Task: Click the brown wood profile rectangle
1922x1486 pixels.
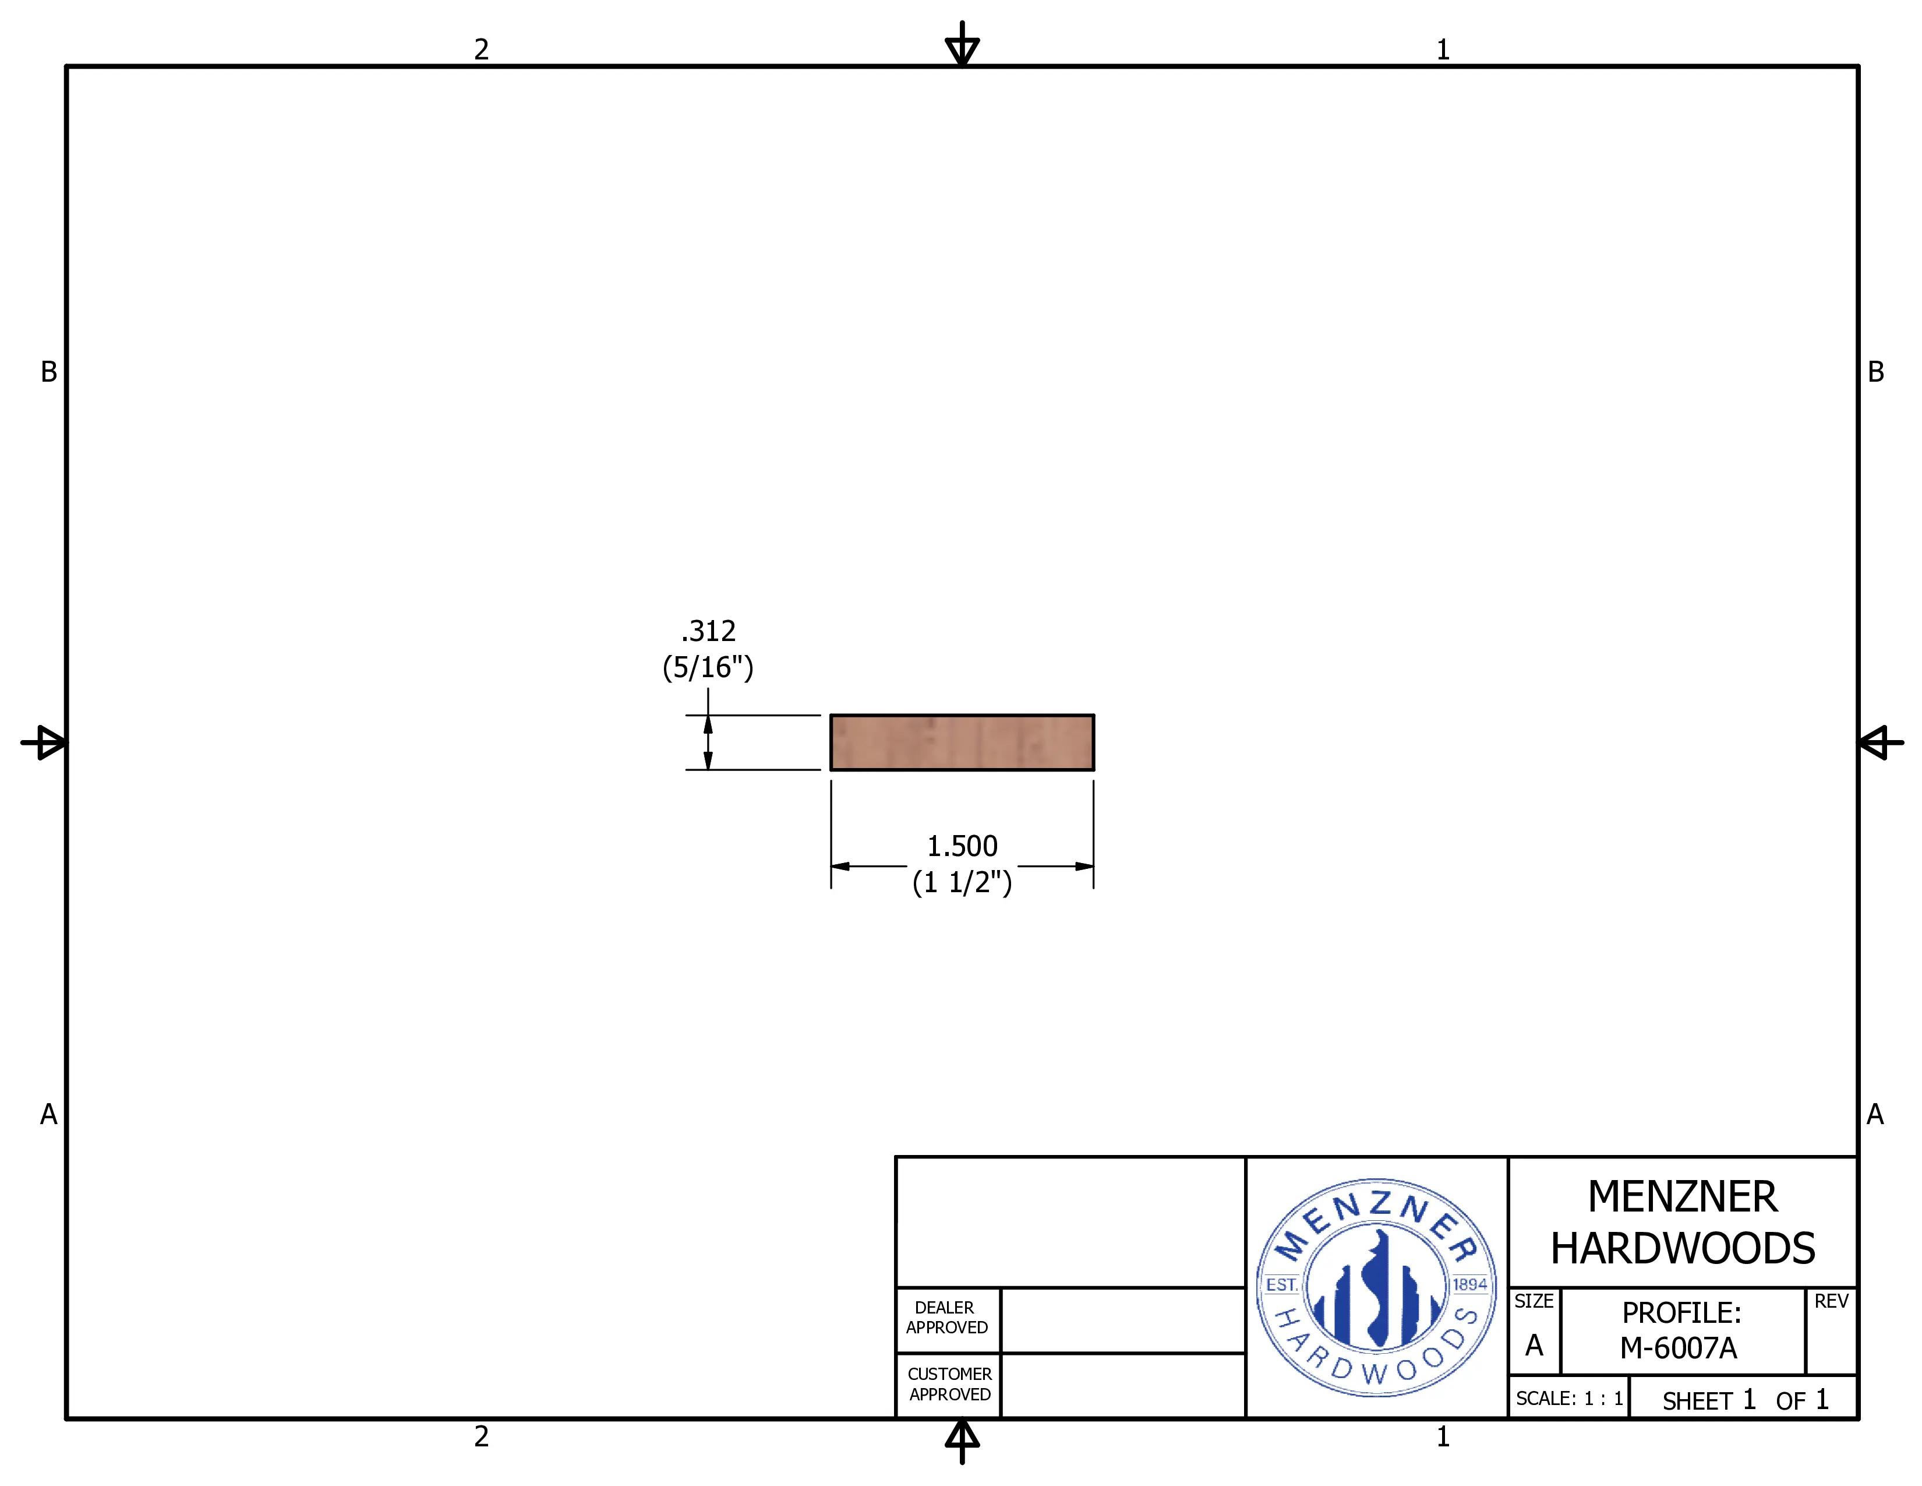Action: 962,742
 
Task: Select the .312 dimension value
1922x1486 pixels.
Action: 708,631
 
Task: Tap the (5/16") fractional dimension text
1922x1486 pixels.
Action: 708,667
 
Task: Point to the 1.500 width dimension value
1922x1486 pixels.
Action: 962,846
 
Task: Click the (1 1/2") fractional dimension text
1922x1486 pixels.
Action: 962,882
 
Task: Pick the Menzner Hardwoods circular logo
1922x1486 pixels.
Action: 1376,1287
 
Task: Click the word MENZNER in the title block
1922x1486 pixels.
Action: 1683,1196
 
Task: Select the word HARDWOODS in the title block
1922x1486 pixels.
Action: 1683,1248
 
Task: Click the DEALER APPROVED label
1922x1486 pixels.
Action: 947,1318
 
